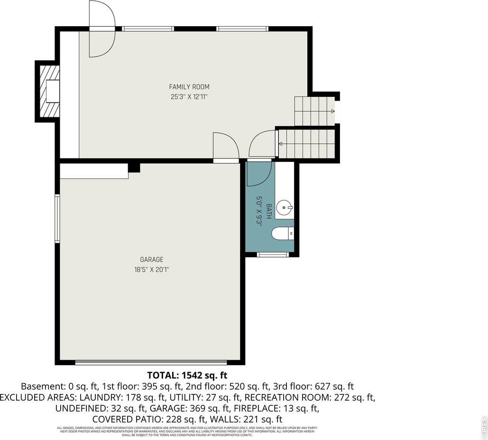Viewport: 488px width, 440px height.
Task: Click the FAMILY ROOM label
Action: (189, 87)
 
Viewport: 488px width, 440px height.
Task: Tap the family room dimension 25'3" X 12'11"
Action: (189, 97)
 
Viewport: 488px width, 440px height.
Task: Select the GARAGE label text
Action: (151, 260)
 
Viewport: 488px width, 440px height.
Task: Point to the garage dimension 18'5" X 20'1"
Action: (151, 270)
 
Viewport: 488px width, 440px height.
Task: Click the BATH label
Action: (268, 211)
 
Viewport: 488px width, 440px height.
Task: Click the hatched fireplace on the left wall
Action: (49, 91)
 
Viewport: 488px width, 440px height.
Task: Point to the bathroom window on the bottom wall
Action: (273, 255)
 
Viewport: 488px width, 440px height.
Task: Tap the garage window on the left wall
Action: (57, 219)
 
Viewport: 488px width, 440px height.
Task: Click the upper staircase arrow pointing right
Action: (332, 112)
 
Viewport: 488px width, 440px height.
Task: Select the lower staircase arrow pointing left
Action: (281, 143)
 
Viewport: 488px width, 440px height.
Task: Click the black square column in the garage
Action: (134, 168)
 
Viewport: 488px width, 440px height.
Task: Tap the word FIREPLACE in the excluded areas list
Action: (259, 408)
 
